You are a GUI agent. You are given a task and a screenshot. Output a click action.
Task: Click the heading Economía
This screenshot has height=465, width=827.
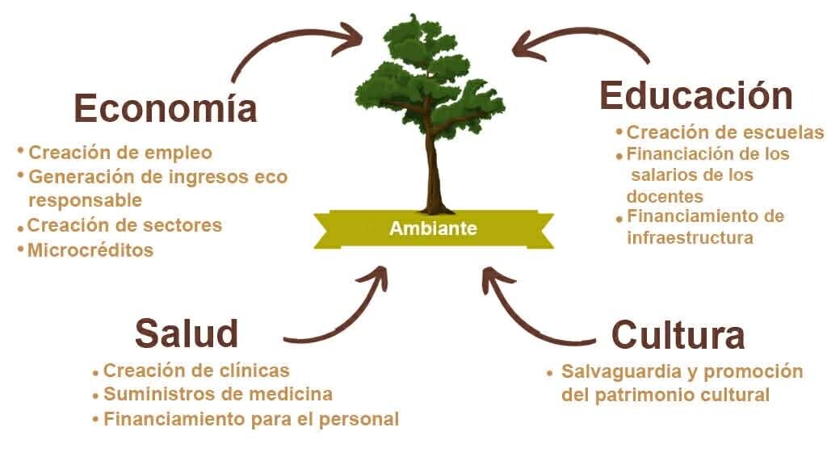(x=166, y=108)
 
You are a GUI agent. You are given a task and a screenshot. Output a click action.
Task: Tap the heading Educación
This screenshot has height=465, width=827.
(x=695, y=95)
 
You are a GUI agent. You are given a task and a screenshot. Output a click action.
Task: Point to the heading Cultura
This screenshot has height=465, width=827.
(x=678, y=334)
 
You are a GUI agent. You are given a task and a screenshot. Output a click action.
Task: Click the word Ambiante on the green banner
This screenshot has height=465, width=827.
(x=433, y=228)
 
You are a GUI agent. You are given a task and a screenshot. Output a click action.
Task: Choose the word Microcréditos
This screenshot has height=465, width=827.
(x=90, y=250)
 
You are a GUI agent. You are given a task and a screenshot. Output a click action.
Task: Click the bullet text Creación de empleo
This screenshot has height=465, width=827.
(x=120, y=152)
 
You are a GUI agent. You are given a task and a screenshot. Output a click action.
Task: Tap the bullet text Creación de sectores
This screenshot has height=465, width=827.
(x=124, y=224)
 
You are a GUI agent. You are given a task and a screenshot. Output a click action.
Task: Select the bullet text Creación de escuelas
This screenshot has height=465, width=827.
(x=725, y=132)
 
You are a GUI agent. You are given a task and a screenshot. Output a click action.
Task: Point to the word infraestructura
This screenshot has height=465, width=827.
(x=690, y=237)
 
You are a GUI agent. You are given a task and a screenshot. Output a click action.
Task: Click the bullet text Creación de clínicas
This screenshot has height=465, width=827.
(x=196, y=371)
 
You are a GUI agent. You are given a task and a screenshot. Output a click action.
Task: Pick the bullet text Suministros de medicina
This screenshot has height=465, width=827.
(x=218, y=395)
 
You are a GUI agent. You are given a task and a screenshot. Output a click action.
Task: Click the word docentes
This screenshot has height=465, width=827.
(x=665, y=196)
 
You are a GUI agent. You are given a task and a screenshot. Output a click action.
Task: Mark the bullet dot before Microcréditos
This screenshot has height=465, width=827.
(x=20, y=249)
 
